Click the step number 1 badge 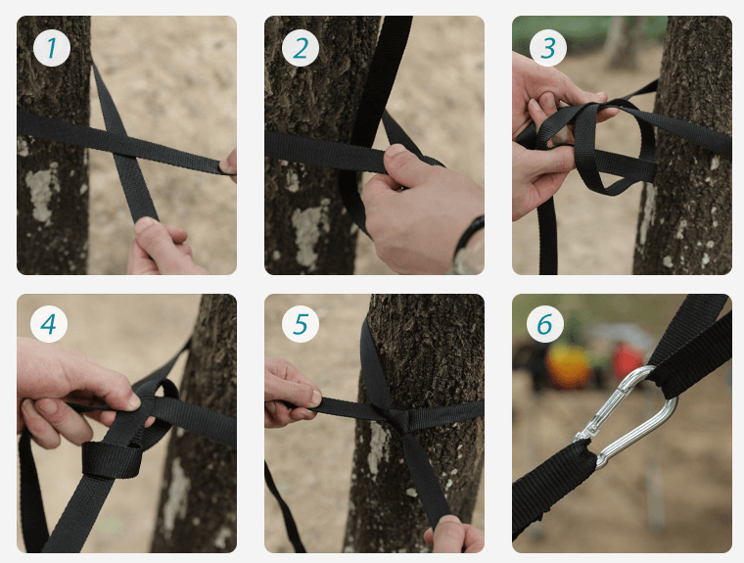(x=52, y=48)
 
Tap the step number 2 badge (x=300, y=48)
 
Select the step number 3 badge (x=547, y=48)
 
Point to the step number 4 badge (x=48, y=324)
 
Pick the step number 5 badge (x=300, y=324)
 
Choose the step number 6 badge (x=545, y=324)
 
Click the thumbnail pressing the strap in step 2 (x=395, y=152)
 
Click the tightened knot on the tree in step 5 (x=401, y=420)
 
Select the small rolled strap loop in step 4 (x=112, y=460)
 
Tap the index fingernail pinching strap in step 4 (x=133, y=402)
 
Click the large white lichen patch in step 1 (x=42, y=192)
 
